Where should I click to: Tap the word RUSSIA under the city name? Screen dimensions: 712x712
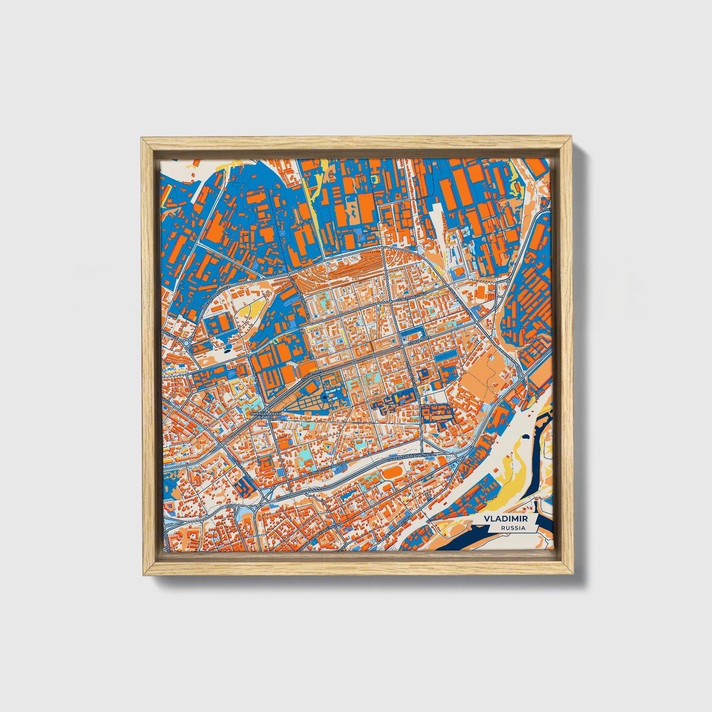point(512,528)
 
